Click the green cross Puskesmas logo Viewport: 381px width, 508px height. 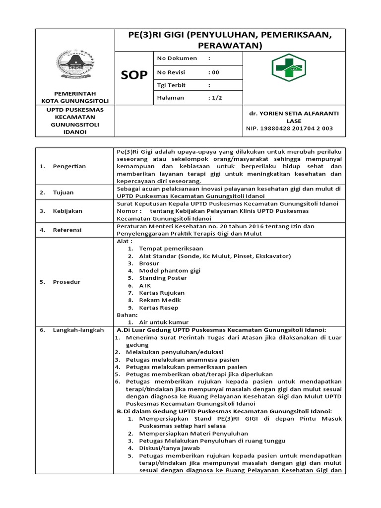coord(289,67)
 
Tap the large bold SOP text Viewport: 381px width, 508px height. coord(134,75)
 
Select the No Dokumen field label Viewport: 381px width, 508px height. coord(177,59)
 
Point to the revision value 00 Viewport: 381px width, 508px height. coord(214,72)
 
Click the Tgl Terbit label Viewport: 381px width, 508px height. coord(171,85)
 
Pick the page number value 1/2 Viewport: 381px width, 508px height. coord(216,98)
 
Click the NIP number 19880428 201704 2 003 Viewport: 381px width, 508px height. coord(289,128)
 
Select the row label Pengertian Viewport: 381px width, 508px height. coord(69,166)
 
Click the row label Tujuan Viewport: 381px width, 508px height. coord(63,192)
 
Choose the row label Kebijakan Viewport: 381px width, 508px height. coord(67,211)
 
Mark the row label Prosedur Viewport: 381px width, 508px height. coord(66,282)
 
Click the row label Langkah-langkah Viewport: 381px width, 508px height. coord(78,330)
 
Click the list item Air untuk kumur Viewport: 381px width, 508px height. coord(164,322)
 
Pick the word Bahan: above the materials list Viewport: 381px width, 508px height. coord(127,315)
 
